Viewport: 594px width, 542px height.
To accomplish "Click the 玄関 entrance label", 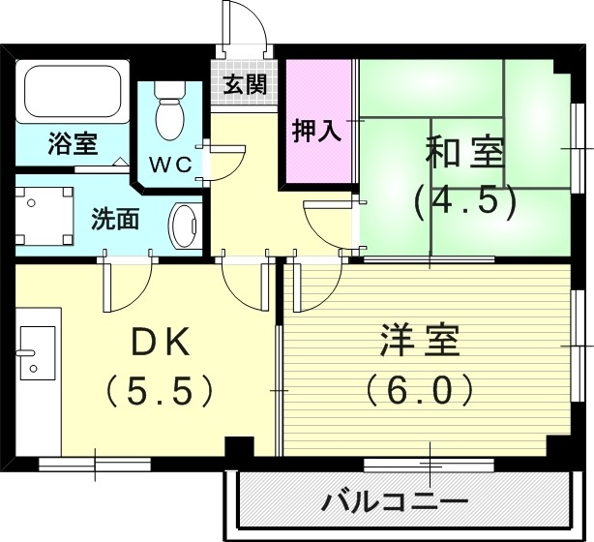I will [x=245, y=83].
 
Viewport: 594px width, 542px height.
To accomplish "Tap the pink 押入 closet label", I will [x=317, y=131].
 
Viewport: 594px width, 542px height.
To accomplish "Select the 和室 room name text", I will [x=464, y=152].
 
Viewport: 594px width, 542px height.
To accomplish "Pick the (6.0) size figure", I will [x=420, y=390].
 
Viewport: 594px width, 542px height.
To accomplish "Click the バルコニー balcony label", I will [x=395, y=502].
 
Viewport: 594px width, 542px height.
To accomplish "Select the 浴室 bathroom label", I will [x=73, y=145].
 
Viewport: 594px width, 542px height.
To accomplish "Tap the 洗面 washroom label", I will [x=115, y=219].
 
